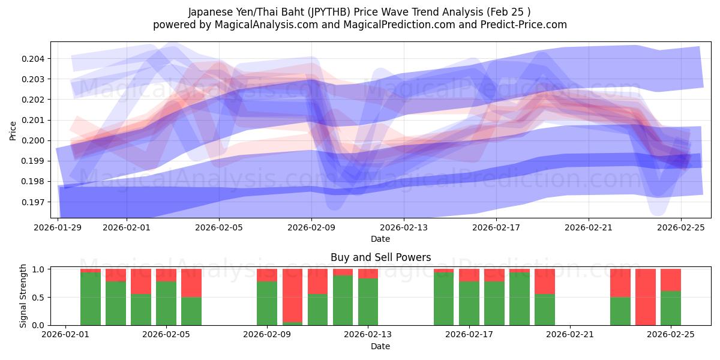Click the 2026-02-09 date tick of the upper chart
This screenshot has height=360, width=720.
[x=311, y=227]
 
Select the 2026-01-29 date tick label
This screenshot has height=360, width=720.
[x=58, y=227]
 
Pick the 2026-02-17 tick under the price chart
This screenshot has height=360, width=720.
[x=496, y=227]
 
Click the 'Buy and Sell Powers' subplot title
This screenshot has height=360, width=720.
[x=380, y=257]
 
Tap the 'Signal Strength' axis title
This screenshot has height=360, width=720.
[x=24, y=296]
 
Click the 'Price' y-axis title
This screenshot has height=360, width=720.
[x=13, y=130]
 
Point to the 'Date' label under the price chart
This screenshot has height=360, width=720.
[x=380, y=239]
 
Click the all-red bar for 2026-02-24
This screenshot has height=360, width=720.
[x=646, y=297]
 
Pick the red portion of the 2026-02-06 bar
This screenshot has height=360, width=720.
[x=191, y=283]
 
